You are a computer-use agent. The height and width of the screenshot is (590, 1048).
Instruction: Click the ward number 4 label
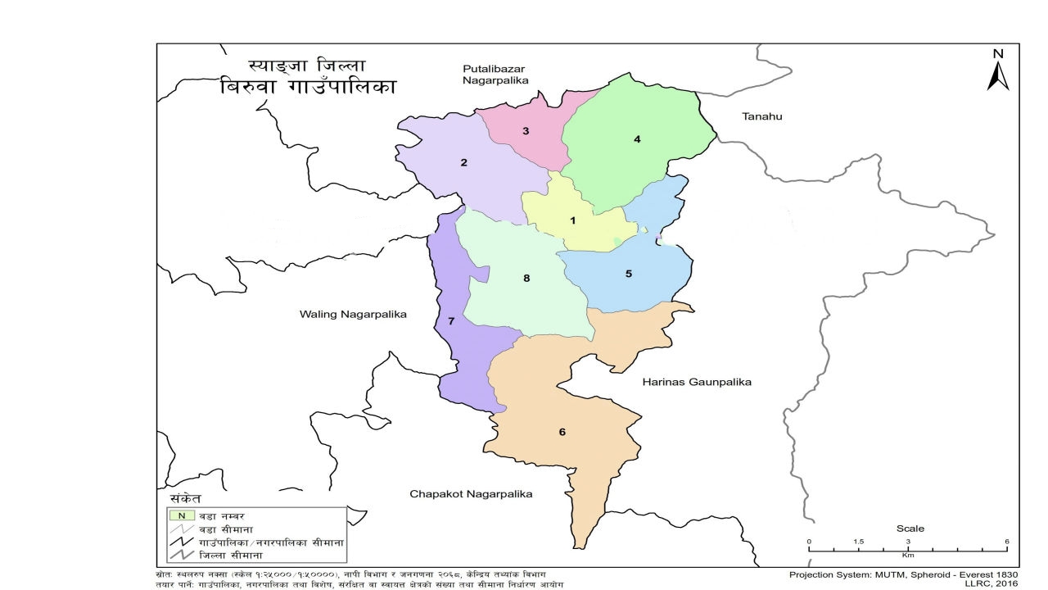637,139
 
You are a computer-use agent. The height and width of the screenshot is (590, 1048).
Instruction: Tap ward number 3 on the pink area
526,131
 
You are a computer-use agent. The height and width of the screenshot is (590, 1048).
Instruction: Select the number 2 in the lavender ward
463,162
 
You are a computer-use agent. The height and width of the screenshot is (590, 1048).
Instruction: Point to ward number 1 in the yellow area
573,220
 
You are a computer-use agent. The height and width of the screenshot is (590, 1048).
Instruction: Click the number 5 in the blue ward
629,274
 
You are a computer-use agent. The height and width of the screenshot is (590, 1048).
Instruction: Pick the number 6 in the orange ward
562,432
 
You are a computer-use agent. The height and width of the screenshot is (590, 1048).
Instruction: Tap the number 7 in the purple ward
451,320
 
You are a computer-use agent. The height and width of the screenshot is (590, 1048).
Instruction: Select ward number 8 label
527,279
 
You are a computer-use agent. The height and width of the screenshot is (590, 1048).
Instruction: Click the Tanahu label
762,116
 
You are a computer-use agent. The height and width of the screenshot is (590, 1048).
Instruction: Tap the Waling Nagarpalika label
353,315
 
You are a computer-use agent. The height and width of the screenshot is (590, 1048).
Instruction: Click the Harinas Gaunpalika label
697,382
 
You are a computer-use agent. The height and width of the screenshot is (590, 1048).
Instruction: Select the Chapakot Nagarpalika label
471,494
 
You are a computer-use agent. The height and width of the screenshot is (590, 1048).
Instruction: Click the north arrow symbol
998,77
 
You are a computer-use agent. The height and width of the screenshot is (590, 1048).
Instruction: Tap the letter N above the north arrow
998,54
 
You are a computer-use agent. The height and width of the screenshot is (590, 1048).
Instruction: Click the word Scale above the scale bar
910,529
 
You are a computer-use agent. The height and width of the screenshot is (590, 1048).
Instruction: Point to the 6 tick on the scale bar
1007,542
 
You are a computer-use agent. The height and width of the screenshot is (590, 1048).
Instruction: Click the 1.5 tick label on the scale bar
859,542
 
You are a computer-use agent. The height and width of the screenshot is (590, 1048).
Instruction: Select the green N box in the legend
180,515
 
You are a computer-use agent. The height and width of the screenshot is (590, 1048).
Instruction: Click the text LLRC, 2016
992,584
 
